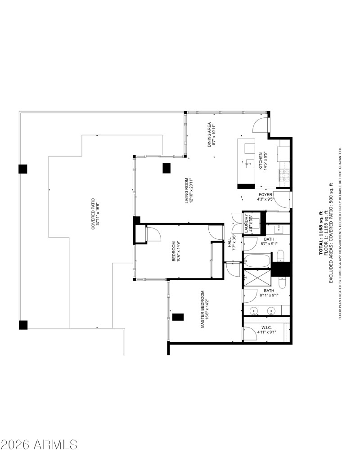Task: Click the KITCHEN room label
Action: coord(261,161)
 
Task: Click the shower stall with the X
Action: coord(257,279)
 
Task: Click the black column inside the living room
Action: coord(166,168)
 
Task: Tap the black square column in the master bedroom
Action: coord(178,317)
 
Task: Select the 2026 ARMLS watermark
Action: coord(39,445)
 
